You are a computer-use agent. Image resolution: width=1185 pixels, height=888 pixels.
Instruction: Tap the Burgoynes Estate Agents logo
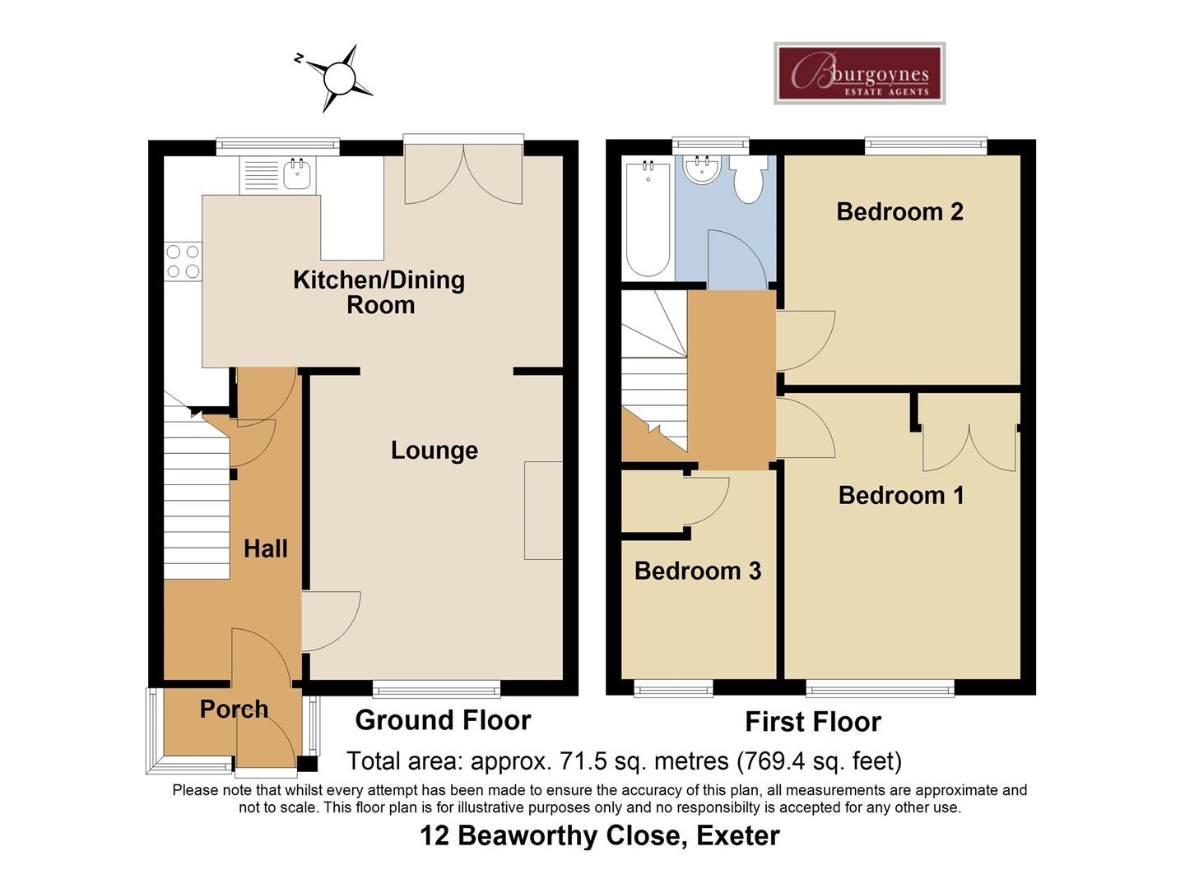pos(859,74)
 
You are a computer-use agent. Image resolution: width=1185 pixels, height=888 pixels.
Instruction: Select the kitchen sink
pos(296,173)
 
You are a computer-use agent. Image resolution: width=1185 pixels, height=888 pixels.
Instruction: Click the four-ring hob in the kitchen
pos(183,261)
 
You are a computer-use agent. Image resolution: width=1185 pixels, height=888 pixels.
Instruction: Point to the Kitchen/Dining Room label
pos(379,292)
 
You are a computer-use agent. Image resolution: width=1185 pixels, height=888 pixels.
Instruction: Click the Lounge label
pos(434,451)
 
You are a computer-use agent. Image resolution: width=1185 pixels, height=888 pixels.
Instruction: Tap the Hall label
pos(265,548)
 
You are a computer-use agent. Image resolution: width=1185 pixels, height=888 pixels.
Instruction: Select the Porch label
pos(234,709)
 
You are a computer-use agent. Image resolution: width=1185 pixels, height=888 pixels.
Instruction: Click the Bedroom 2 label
pos(899,211)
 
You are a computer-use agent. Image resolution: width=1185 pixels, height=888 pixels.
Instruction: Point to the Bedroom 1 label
pos(900,495)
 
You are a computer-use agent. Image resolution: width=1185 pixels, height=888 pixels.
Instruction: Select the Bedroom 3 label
pos(697,571)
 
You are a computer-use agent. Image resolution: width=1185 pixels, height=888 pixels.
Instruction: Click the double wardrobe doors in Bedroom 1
pos(969,448)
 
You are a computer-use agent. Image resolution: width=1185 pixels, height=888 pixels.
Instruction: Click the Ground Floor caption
pos(443,720)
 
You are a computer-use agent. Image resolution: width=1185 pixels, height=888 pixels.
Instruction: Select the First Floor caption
pos(812,722)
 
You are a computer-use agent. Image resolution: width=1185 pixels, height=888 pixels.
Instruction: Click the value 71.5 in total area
pos(581,761)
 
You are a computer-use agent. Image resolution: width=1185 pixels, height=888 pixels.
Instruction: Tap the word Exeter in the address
pos(737,835)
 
